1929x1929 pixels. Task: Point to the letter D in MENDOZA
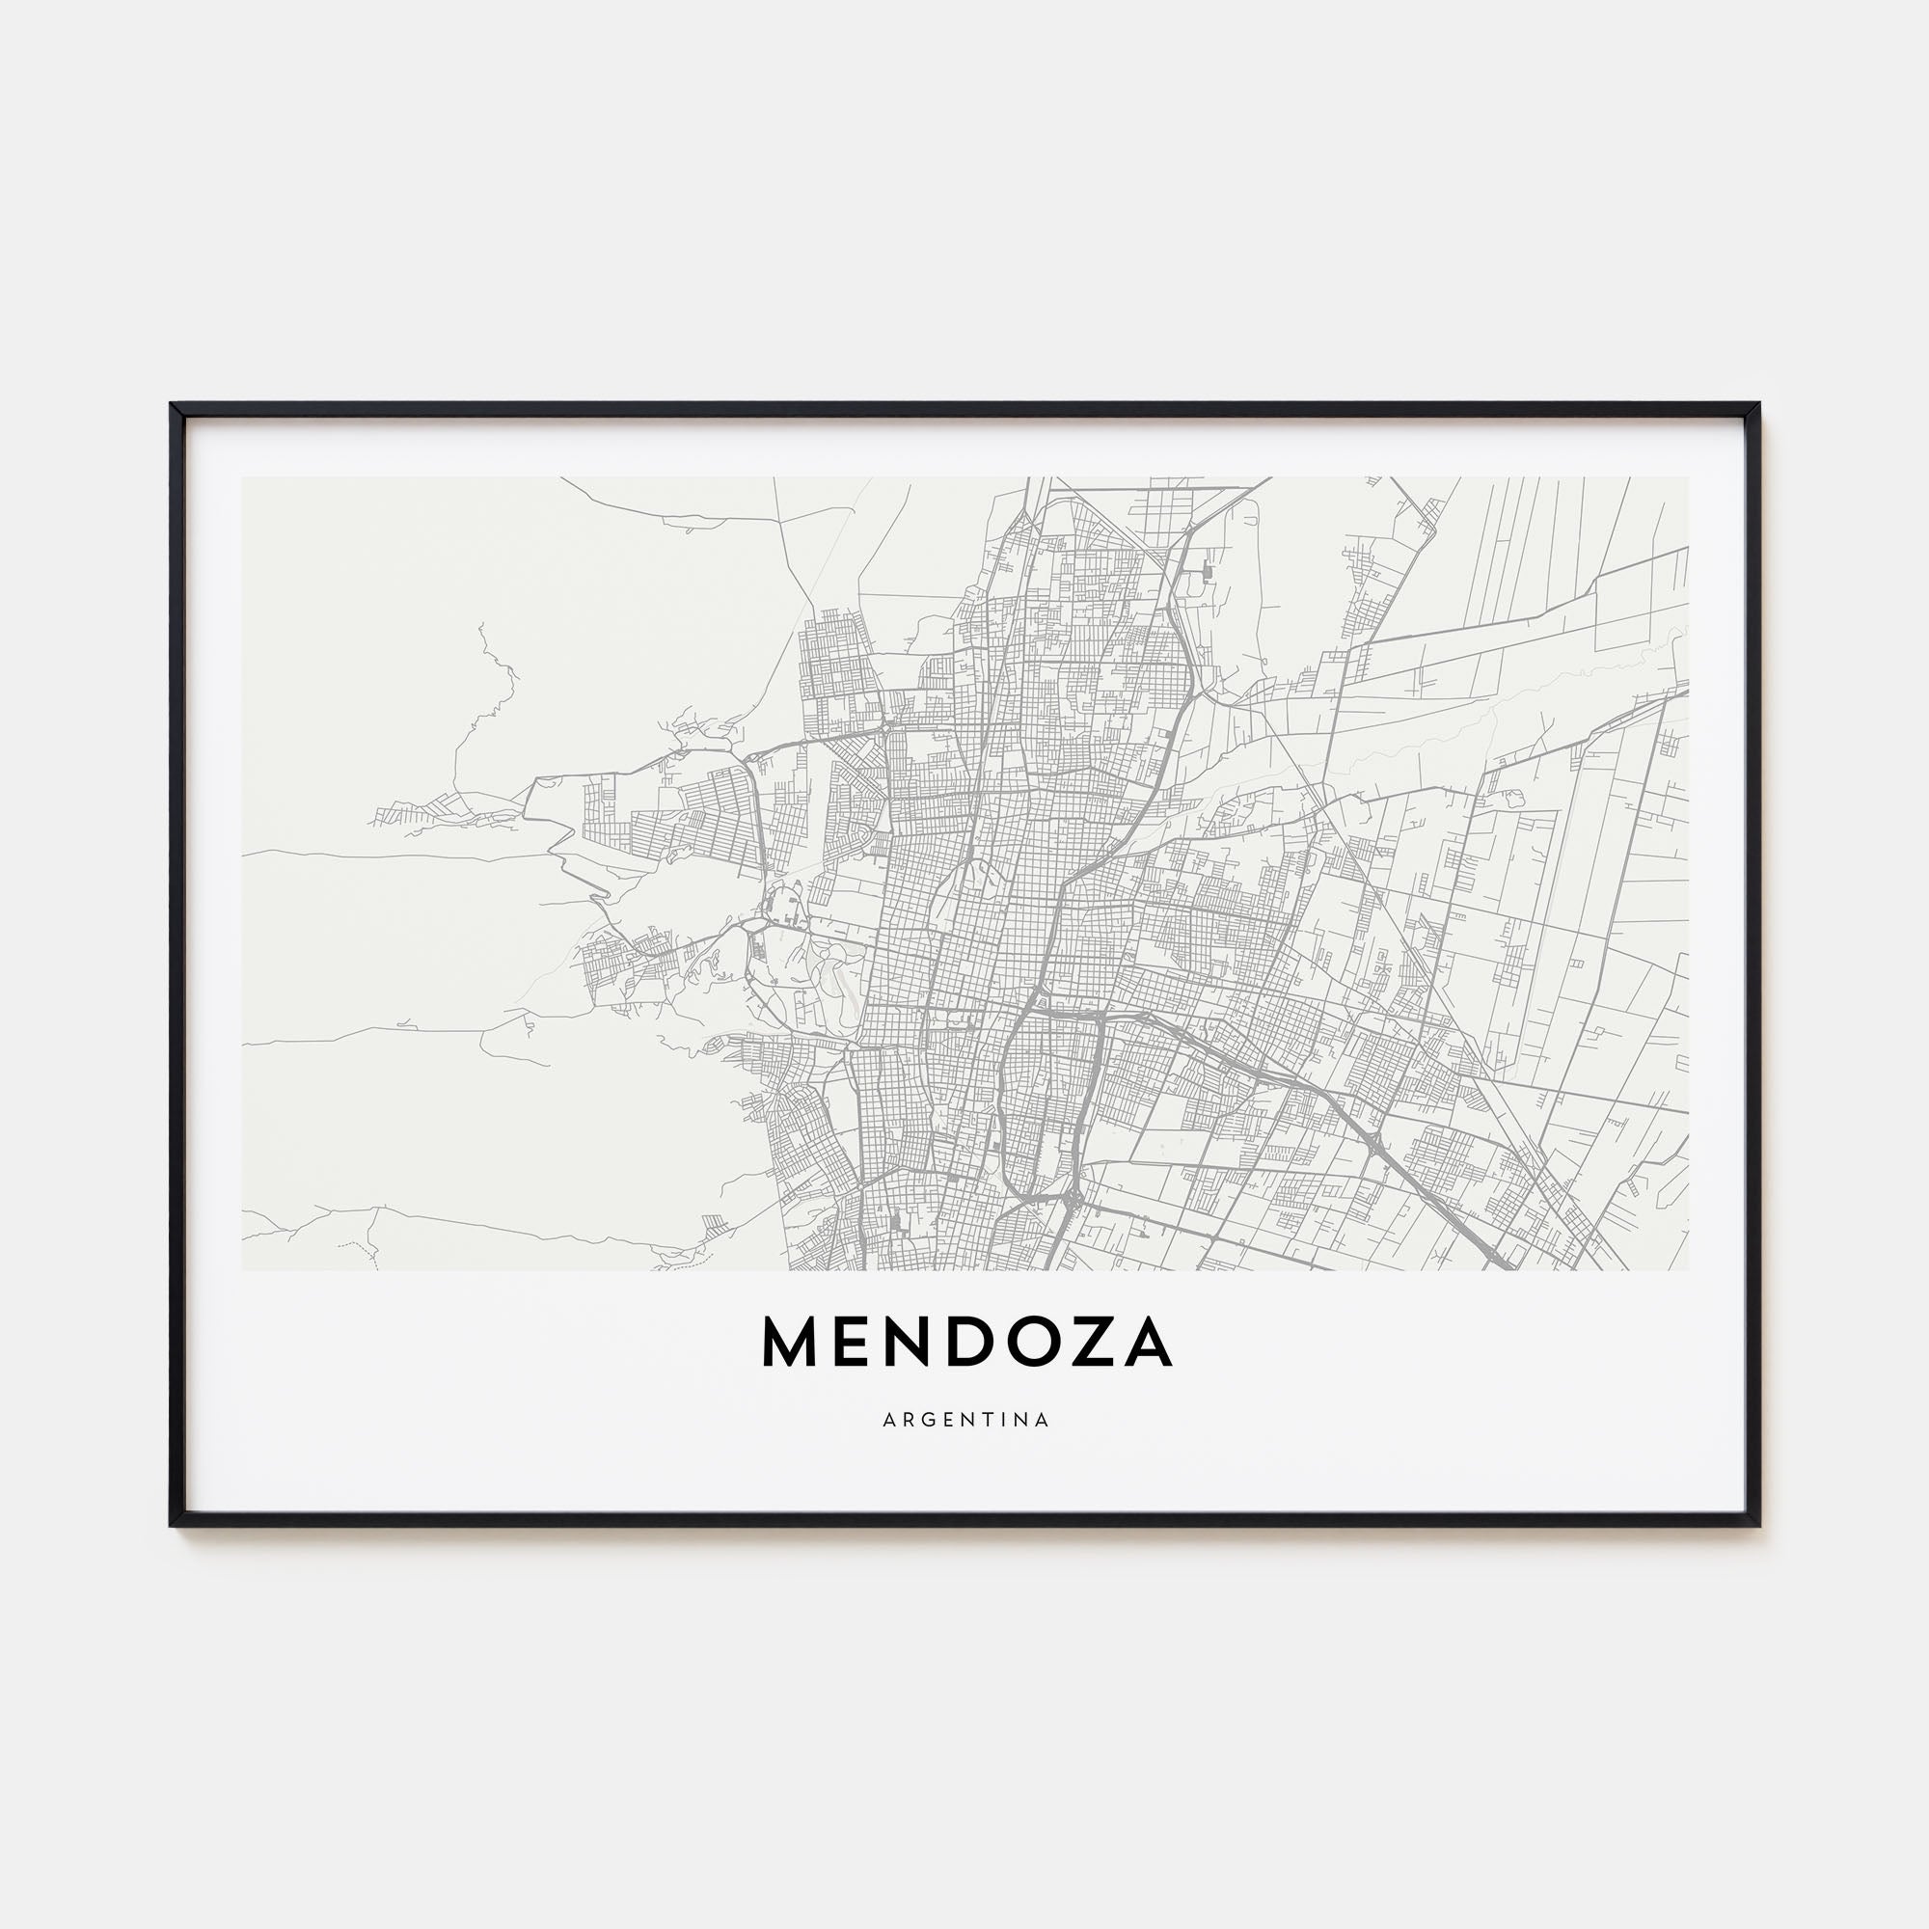tap(978, 1342)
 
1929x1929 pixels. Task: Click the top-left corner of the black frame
tap(173, 405)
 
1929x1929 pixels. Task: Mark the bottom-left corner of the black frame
tap(173, 1525)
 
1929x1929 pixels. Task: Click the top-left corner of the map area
tap(243, 477)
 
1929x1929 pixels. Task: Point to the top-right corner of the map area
tap(1689, 477)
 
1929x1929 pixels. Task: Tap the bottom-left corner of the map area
tap(243, 1269)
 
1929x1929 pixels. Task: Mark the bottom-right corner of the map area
tap(1689, 1269)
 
